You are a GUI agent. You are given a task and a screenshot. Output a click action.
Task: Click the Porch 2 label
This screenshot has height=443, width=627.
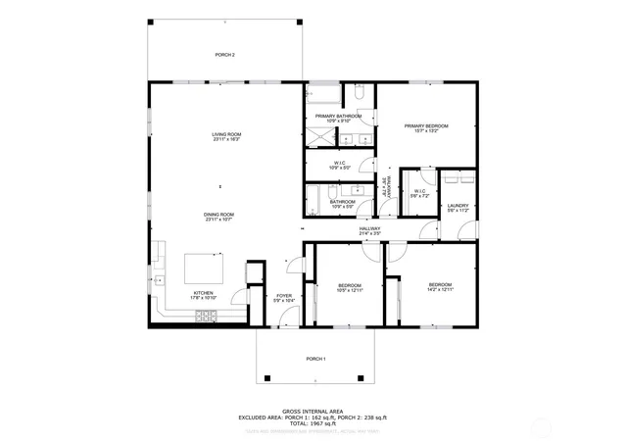(x=225, y=55)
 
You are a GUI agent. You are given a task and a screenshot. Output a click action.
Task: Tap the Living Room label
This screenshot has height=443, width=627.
(x=226, y=135)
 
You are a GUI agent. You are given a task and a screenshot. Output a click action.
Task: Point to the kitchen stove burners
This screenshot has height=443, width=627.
(x=206, y=316)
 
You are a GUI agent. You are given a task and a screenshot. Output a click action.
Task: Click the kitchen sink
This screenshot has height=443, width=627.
(x=159, y=281)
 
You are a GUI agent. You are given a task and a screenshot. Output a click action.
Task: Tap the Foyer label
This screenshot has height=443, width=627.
(x=284, y=297)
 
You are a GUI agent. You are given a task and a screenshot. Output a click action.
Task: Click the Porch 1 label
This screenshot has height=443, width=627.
(x=315, y=359)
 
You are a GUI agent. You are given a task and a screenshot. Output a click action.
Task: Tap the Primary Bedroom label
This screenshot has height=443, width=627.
(x=426, y=127)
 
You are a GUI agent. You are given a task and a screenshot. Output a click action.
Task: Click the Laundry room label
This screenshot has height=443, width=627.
(x=458, y=208)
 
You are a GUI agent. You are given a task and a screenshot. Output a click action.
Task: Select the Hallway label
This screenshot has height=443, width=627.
(x=369, y=230)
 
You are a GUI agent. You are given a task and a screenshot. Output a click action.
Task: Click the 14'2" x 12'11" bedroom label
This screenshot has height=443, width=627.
(x=440, y=286)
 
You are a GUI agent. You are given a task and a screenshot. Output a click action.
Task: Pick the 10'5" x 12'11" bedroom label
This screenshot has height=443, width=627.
(x=350, y=287)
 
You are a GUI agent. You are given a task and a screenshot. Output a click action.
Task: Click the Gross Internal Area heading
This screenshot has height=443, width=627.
(x=313, y=411)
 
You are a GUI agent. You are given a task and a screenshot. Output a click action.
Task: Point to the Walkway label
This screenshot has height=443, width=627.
(x=389, y=186)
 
